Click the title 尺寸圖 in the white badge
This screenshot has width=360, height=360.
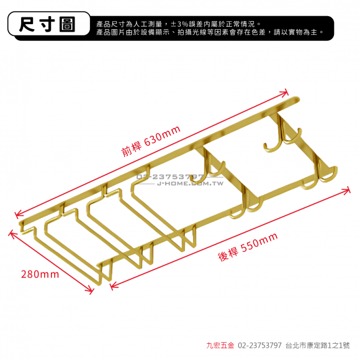tap(47, 24)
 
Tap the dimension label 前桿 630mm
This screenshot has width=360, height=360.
tap(151, 141)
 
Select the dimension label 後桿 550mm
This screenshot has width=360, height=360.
tap(248, 247)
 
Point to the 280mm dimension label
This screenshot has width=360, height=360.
tap(40, 274)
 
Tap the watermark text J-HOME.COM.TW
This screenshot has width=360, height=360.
tap(191, 184)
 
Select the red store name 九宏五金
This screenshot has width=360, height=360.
tap(220, 345)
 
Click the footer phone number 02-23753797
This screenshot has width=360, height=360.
tap(259, 345)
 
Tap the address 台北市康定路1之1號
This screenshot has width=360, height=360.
tap(318, 345)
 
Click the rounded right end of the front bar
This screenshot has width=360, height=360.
tap(297, 99)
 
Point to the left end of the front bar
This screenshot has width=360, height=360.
tap(21, 224)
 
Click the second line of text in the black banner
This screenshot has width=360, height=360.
tap(209, 32)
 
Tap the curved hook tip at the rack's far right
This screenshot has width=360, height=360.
tap(336, 168)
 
